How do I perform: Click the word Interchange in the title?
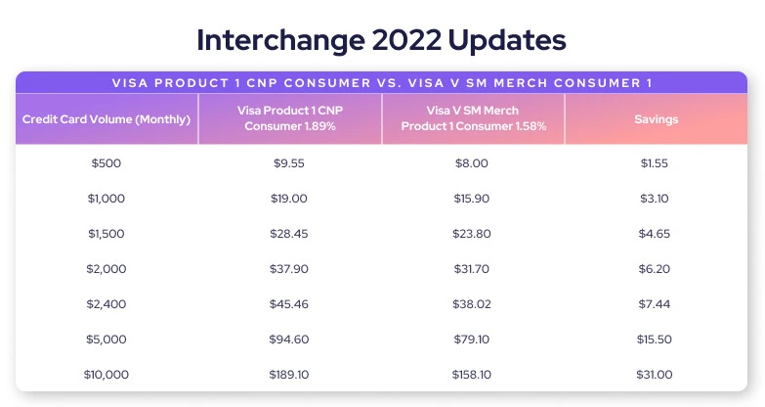(x=280, y=40)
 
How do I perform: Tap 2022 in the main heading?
(x=406, y=40)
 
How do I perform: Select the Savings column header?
(x=657, y=119)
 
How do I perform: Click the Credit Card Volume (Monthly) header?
(x=106, y=119)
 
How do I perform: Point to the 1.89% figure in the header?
(x=320, y=126)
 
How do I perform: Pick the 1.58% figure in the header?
(x=531, y=126)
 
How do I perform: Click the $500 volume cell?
(x=106, y=163)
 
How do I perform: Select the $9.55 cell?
(x=289, y=163)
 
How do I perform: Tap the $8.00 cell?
(x=471, y=163)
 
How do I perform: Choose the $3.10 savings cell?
(x=655, y=199)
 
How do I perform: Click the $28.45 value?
(x=289, y=234)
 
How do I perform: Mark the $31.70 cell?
(x=471, y=269)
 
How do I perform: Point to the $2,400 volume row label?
(x=106, y=304)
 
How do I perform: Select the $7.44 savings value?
(x=655, y=304)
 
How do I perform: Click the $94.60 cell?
(x=289, y=339)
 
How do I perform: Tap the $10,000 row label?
(x=106, y=375)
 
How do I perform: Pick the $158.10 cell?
(x=471, y=375)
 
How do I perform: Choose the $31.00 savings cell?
(x=655, y=375)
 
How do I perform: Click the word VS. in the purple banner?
(x=389, y=83)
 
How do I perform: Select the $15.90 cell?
(x=471, y=199)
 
